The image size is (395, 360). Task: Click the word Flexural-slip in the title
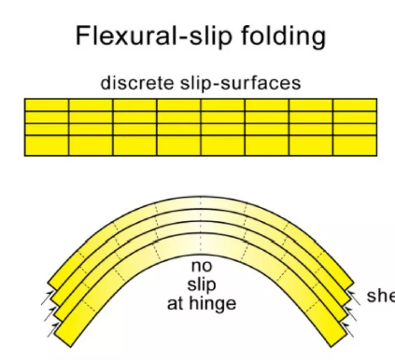pos(141,36)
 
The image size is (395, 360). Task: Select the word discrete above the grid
pos(136,83)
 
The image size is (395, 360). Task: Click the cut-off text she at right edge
pos(380,297)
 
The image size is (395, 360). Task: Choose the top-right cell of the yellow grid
pos(355,105)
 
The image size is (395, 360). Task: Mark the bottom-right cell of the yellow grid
pos(355,146)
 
